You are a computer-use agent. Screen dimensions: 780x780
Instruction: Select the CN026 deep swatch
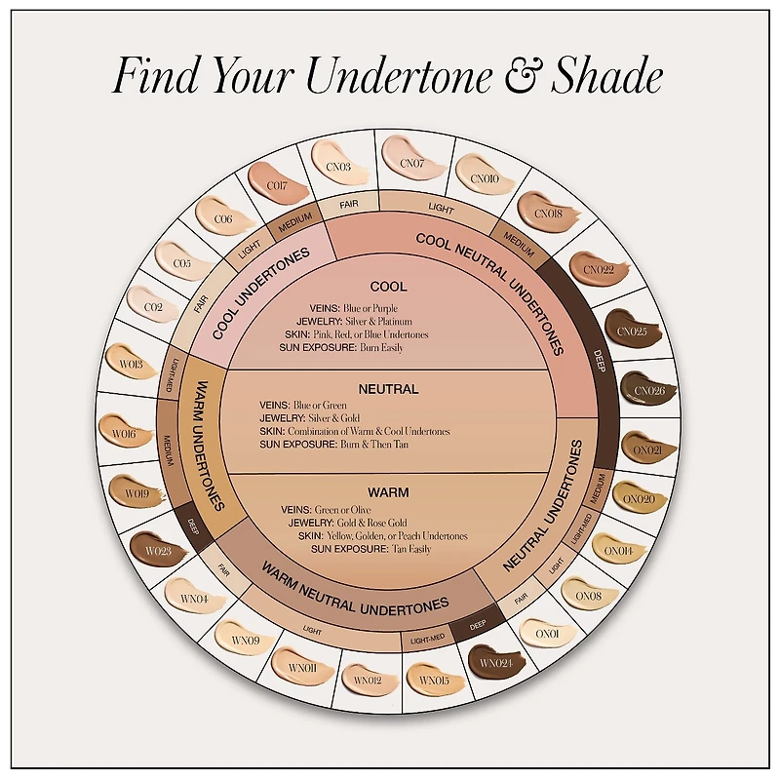[649, 391]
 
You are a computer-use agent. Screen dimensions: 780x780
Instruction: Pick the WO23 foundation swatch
[159, 550]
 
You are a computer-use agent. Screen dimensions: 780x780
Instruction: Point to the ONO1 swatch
[547, 634]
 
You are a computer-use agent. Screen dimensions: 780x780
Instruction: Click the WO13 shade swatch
[131, 364]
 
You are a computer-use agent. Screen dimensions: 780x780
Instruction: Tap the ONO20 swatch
[639, 499]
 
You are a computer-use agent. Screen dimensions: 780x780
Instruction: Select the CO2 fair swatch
[153, 306]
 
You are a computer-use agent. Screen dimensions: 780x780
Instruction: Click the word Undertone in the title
[398, 76]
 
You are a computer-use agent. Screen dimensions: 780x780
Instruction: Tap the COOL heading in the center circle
[388, 287]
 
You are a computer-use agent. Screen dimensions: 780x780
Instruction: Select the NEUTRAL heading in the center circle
[388, 389]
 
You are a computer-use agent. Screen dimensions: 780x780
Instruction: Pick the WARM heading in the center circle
[388, 492]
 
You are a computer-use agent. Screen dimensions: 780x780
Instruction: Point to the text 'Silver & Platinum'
[378, 322]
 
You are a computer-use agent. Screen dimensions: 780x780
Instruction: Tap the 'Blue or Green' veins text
[320, 405]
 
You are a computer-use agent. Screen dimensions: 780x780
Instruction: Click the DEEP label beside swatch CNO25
[599, 361]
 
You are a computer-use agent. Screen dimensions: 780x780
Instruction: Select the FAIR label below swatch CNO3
[349, 204]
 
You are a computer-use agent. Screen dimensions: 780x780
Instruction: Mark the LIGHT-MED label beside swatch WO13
[169, 375]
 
